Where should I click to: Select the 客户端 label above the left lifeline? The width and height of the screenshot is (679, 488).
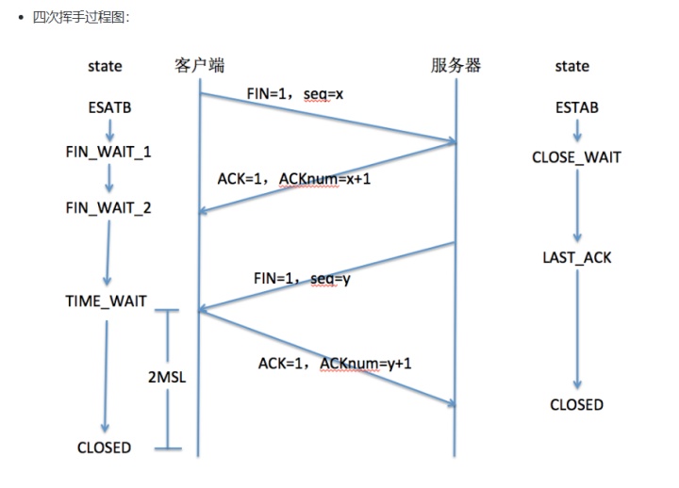click(x=199, y=65)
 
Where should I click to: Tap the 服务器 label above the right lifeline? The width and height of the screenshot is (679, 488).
click(x=455, y=65)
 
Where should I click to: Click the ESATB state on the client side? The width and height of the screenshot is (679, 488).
click(x=109, y=108)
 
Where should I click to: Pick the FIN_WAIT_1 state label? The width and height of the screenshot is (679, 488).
click(x=108, y=151)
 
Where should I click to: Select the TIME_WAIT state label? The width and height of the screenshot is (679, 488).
click(x=106, y=301)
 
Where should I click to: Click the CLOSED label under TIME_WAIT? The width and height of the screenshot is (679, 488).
click(x=104, y=447)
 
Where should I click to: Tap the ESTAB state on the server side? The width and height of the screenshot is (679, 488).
click(x=576, y=108)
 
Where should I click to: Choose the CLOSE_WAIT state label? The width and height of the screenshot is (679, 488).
click(x=576, y=157)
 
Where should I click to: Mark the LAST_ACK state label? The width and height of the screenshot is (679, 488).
click(x=576, y=257)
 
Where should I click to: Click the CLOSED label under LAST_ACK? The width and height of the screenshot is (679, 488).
click(x=576, y=404)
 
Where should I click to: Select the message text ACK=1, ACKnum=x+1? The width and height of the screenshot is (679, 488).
click(x=294, y=178)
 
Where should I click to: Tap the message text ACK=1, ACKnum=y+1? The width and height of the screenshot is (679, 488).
click(x=335, y=363)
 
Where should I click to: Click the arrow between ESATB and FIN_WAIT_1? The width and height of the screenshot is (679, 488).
click(x=109, y=130)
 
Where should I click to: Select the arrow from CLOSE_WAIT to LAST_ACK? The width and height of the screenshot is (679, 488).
click(x=576, y=207)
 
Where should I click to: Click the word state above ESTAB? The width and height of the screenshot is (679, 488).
click(x=571, y=66)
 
